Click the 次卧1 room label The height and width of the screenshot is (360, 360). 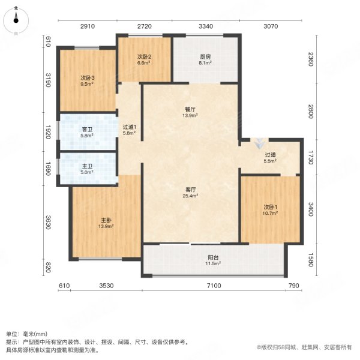click(270, 208)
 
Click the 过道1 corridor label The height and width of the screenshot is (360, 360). click(130, 127)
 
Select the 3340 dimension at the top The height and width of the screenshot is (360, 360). click(206, 27)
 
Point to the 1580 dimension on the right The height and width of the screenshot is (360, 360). click(310, 261)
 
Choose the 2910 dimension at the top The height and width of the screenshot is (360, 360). click(88, 27)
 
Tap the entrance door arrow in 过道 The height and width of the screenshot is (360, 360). click(258, 144)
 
